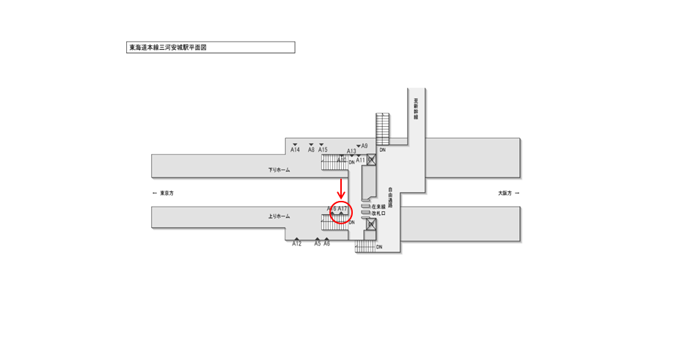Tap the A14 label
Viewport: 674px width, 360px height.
[295, 150]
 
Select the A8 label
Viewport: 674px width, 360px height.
[311, 150]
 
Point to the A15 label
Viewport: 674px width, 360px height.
[323, 150]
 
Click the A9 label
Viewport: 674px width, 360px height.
[364, 146]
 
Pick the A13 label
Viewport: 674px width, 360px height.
[351, 152]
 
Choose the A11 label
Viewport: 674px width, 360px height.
[360, 160]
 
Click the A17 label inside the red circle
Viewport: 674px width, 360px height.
[343, 209]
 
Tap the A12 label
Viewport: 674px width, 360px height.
[296, 244]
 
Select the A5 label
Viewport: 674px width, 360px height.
[318, 244]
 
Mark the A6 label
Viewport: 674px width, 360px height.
[326, 244]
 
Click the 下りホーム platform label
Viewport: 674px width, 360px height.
[279, 170]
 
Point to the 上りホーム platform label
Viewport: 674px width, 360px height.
[279, 216]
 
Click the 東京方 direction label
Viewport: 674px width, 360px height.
[166, 193]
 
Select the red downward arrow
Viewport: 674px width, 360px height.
[341, 188]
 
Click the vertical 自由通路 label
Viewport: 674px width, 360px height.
[391, 196]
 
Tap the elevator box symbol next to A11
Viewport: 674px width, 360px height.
[372, 159]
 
